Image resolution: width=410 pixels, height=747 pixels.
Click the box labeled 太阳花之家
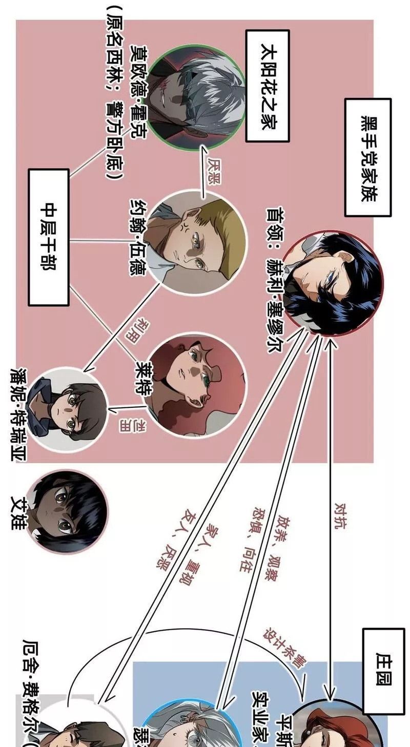[267, 86]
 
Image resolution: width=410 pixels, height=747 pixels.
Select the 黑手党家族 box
[367, 157]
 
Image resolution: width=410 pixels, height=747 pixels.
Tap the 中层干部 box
[49, 237]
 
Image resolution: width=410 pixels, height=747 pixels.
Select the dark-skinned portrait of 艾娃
[68, 511]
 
